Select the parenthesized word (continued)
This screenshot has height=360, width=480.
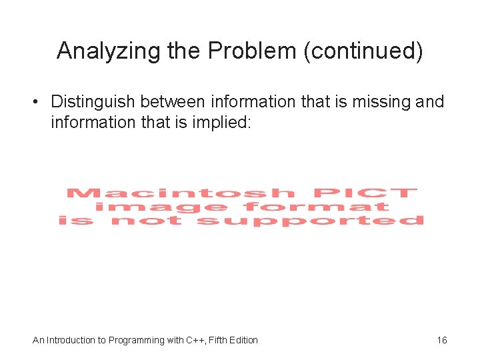pos(363,51)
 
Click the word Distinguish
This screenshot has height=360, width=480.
pos(91,102)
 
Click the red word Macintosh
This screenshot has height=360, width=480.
pos(180,193)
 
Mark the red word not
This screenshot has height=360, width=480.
pos(145,221)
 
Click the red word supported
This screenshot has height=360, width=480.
pos(311,221)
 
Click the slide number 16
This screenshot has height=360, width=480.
pos(442,340)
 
